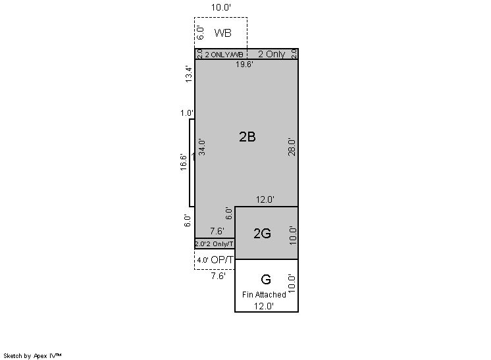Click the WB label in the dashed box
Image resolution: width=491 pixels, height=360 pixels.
coord(222,33)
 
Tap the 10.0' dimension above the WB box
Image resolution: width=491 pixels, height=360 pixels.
coord(220,7)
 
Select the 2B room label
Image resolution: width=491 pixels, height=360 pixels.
coord(247,137)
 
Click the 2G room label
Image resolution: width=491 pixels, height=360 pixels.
coord(262,234)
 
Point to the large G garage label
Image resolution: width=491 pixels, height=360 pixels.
coord(266,279)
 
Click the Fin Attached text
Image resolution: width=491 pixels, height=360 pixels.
coord(264,295)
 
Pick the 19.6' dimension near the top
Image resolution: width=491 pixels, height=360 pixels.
coord(244,64)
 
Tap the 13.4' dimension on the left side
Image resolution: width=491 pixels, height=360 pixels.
coord(188,74)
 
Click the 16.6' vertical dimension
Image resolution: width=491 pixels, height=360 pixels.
coord(184,162)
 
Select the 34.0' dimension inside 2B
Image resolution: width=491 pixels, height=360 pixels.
coord(202,147)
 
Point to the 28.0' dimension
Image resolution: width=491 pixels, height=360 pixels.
coord(292,147)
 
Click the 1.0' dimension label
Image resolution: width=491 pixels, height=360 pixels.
coord(187,113)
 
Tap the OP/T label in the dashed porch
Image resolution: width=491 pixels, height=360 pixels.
coord(222,260)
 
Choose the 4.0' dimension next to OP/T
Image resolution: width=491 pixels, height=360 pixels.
coord(203,260)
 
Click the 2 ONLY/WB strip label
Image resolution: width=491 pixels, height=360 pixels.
coord(224,55)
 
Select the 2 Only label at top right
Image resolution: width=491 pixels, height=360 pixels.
coord(271,54)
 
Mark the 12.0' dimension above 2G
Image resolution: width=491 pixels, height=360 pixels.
coord(265,199)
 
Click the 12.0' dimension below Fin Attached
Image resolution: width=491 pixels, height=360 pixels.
coord(264,306)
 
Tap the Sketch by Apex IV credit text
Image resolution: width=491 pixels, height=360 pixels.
coord(32,356)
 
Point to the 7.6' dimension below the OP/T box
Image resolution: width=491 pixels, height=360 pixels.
coord(218,276)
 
